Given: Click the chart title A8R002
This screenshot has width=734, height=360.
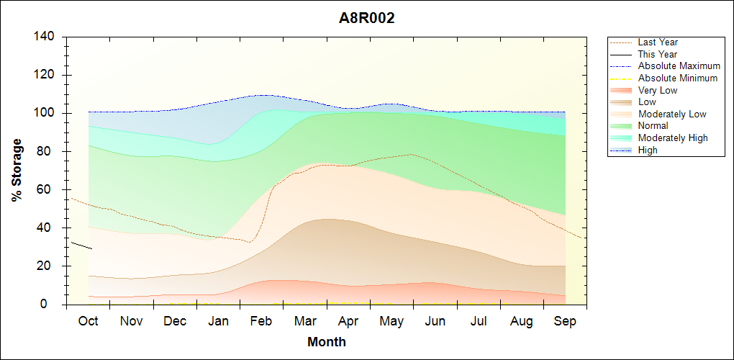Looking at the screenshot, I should (367, 19).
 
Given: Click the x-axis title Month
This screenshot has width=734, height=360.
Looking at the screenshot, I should (327, 342).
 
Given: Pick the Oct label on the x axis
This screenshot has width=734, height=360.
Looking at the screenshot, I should (88, 322).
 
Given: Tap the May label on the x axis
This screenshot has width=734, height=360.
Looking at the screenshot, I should (391, 322).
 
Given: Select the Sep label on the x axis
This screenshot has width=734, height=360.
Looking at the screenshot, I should (565, 322).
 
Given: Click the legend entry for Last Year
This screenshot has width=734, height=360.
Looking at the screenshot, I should (658, 42).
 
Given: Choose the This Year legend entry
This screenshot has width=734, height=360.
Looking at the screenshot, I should (658, 54).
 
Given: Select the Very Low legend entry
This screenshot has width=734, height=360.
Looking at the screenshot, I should (658, 90).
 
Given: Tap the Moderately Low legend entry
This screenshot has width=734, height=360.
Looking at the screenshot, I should (672, 114).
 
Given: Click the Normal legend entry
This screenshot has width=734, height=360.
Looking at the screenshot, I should (653, 126).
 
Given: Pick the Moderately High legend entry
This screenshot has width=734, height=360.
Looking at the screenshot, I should (673, 138).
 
